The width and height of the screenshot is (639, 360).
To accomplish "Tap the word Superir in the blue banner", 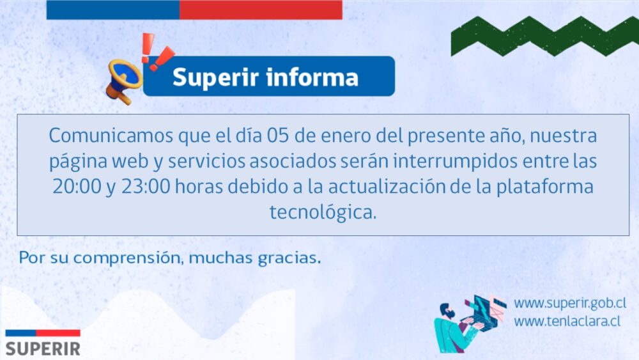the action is pos(215,77).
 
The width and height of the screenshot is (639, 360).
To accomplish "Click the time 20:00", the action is pos(77,186).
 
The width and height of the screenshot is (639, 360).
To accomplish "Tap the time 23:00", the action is pos(146,186).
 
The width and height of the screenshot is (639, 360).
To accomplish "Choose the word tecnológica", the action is pos(323,212).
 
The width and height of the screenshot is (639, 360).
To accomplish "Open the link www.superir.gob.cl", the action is pos(570,303).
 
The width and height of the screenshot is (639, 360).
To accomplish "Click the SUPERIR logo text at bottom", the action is pos(43,349).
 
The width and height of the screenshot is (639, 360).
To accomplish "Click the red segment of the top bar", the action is pos(261,10).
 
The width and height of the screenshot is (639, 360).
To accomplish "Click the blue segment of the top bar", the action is pos(113,10).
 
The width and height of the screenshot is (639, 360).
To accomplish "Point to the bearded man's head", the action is pos(447,311).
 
